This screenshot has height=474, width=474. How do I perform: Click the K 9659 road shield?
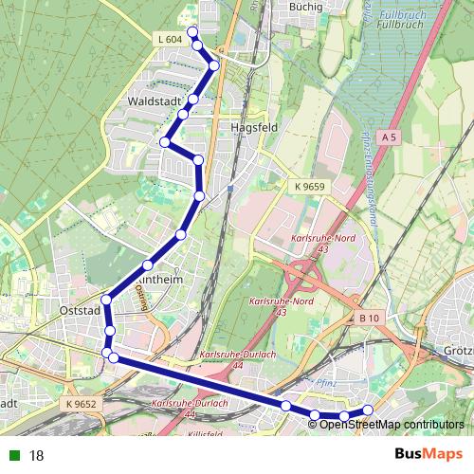point(309,187)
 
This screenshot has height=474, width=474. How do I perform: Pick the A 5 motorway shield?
point(388,138)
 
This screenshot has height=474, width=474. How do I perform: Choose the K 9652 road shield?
point(82,403)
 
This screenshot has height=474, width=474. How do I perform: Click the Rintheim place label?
point(158,282)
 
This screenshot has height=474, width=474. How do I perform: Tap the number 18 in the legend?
point(37,455)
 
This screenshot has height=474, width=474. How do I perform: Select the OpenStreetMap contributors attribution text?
point(392,424)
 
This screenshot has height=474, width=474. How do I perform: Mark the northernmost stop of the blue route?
point(193,33)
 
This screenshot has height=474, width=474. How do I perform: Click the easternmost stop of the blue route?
point(368,410)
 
